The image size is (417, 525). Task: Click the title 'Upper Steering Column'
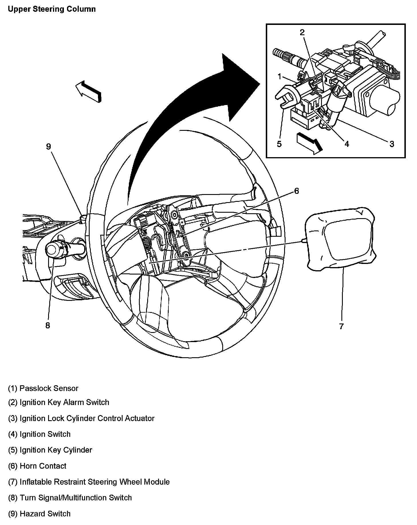coord(52,9)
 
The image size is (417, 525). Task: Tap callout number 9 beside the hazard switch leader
coord(48,147)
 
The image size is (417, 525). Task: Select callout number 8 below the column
coord(48,325)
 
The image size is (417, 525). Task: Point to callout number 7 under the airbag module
coord(341,326)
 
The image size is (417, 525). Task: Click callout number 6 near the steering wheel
coord(296,191)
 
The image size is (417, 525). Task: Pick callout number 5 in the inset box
coord(279,144)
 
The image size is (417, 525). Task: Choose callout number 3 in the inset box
coord(392,144)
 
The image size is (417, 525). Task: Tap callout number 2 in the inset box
coord(302,32)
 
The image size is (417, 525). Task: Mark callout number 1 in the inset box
coord(280,76)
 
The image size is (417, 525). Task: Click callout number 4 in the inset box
coord(347,144)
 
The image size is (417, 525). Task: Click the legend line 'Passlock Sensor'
coord(43,388)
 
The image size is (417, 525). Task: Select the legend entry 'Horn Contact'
coord(37,466)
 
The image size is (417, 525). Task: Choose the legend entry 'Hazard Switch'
coord(39,514)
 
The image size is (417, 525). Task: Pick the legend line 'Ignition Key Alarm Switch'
coord(58,402)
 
